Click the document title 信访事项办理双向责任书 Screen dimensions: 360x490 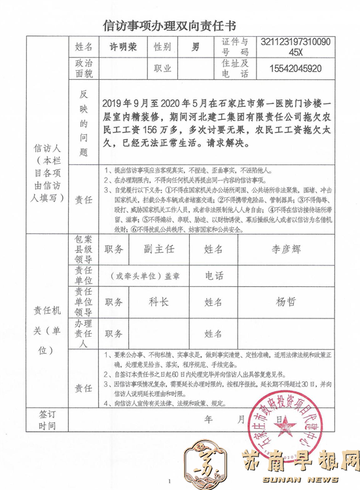coord(180,26)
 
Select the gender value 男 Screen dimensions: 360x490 coord(195,48)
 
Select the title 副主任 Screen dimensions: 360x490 coord(156,249)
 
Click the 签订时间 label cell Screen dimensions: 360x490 coord(48,419)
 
